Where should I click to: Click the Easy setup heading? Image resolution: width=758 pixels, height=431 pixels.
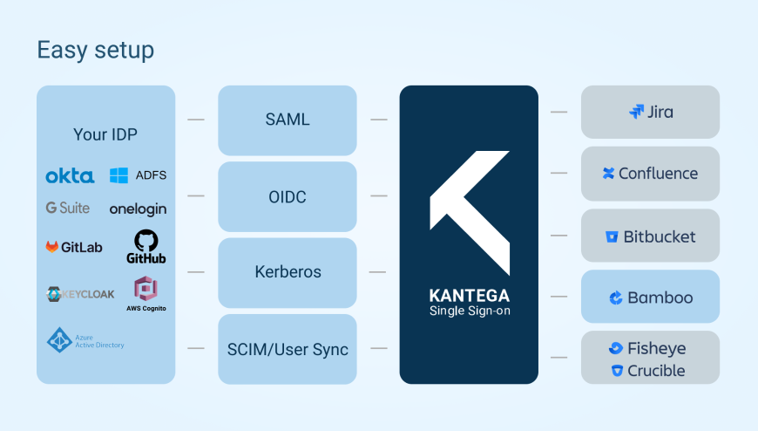click(95, 51)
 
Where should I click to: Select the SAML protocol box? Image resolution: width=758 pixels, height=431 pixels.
click(287, 120)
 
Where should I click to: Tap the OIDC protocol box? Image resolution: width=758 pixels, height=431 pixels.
click(287, 196)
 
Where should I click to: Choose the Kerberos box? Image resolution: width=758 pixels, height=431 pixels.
click(287, 272)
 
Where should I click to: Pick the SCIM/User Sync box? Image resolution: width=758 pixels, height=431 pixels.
click(287, 349)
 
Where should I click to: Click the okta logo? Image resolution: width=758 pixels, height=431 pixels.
click(70, 176)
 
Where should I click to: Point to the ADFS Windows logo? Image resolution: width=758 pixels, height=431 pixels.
click(119, 175)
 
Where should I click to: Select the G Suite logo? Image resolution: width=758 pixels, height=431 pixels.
click(69, 209)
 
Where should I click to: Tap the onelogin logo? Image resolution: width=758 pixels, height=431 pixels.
click(138, 209)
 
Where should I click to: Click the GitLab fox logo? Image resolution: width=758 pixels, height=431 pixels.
click(53, 247)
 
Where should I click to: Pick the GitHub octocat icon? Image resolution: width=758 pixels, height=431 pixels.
click(146, 241)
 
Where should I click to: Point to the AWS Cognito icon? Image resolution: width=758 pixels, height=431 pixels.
click(145, 289)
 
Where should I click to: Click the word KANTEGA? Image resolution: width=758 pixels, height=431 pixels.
click(469, 296)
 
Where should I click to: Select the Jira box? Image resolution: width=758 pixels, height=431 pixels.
click(650, 112)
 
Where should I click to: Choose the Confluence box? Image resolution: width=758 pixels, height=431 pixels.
click(650, 174)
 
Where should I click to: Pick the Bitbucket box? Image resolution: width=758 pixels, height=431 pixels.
click(650, 236)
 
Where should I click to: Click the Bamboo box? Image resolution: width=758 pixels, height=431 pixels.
click(650, 298)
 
